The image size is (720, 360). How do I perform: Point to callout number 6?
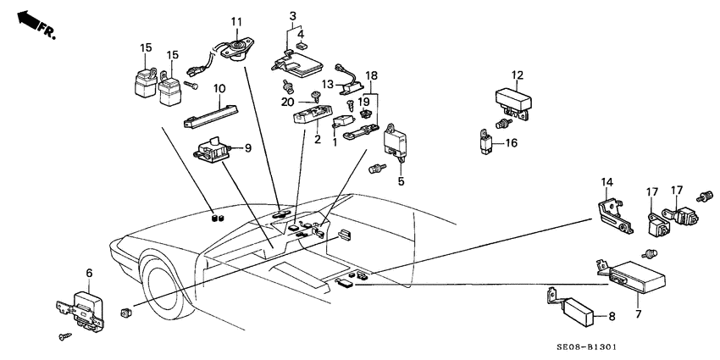point(89,274)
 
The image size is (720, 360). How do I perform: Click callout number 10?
point(219,88)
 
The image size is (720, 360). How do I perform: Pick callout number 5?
point(401,180)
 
